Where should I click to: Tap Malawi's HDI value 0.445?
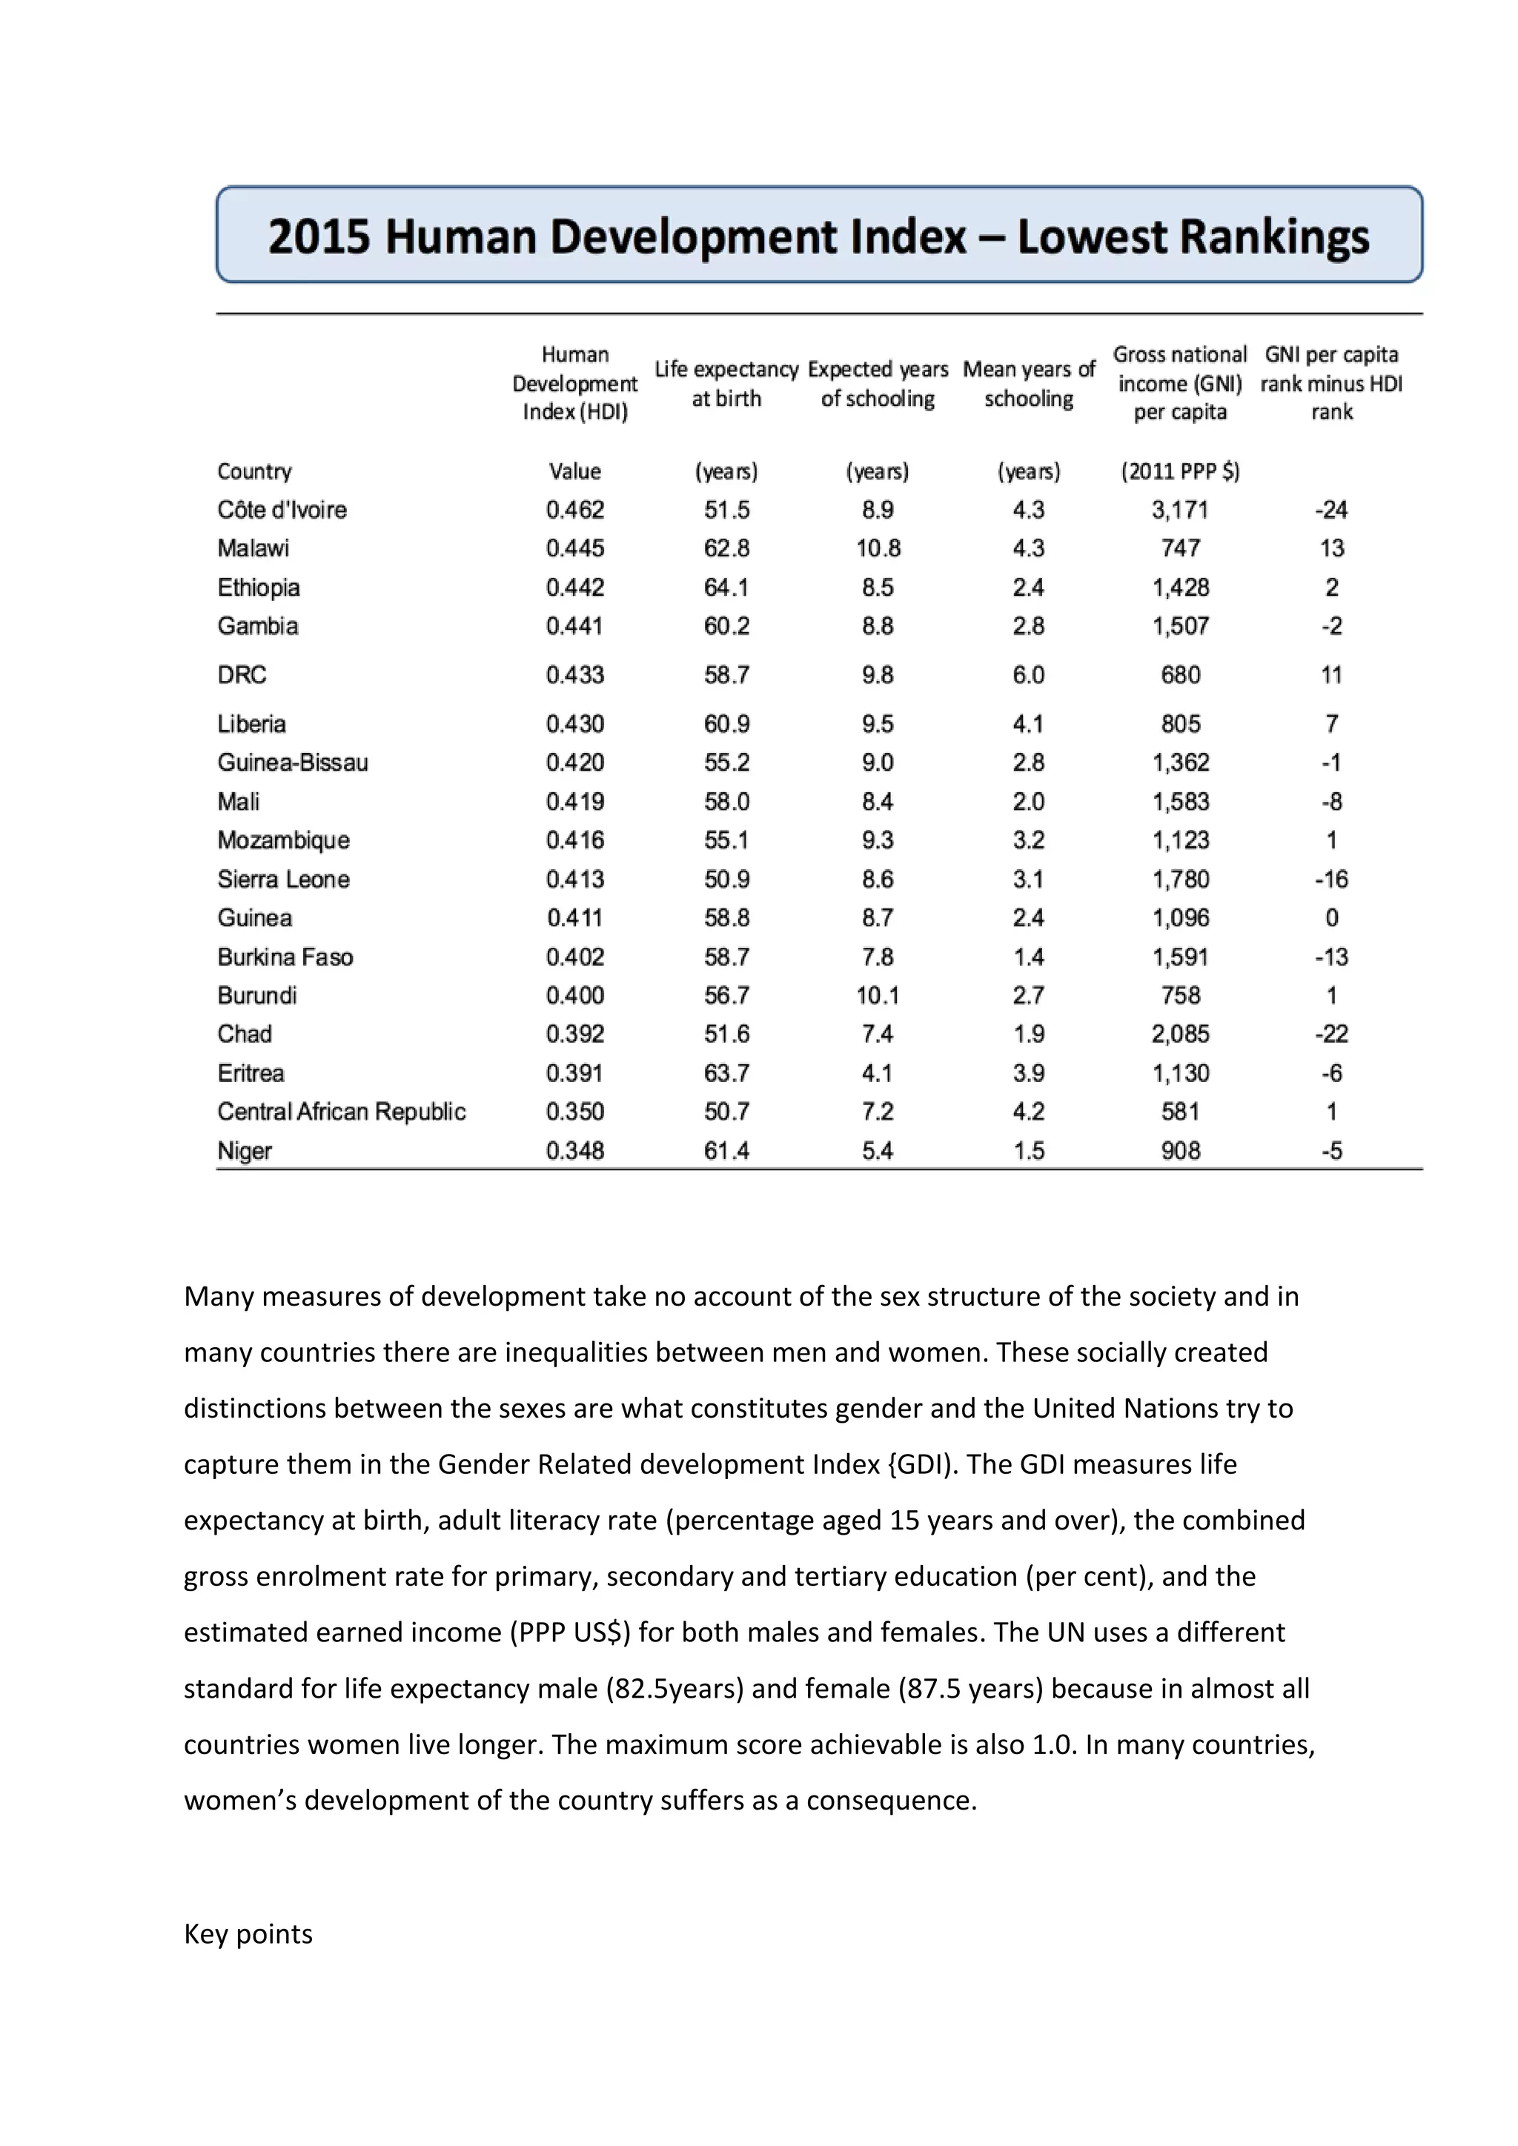(575, 548)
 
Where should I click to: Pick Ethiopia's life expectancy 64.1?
(726, 587)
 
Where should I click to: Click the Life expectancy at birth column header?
(726, 383)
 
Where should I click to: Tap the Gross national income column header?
(1179, 383)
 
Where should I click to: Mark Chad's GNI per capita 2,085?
(1179, 1034)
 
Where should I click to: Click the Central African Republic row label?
(341, 1112)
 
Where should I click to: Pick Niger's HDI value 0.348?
(575, 1151)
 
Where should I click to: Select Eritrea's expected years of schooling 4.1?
(877, 1073)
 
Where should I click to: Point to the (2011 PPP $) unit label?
(1179, 471)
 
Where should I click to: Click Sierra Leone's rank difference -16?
(1331, 879)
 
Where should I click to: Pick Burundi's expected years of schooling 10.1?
(877, 995)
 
